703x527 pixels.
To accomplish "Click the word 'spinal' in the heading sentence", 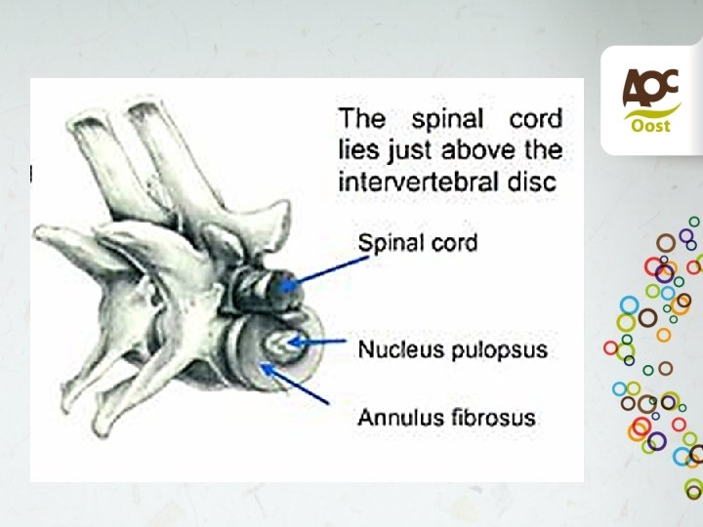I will click(x=447, y=121).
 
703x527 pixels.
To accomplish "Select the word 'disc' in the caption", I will click(x=538, y=182).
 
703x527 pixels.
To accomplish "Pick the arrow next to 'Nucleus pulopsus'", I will click(x=321, y=342).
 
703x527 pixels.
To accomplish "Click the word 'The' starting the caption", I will click(x=361, y=120).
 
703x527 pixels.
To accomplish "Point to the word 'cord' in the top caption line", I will click(x=536, y=120).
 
